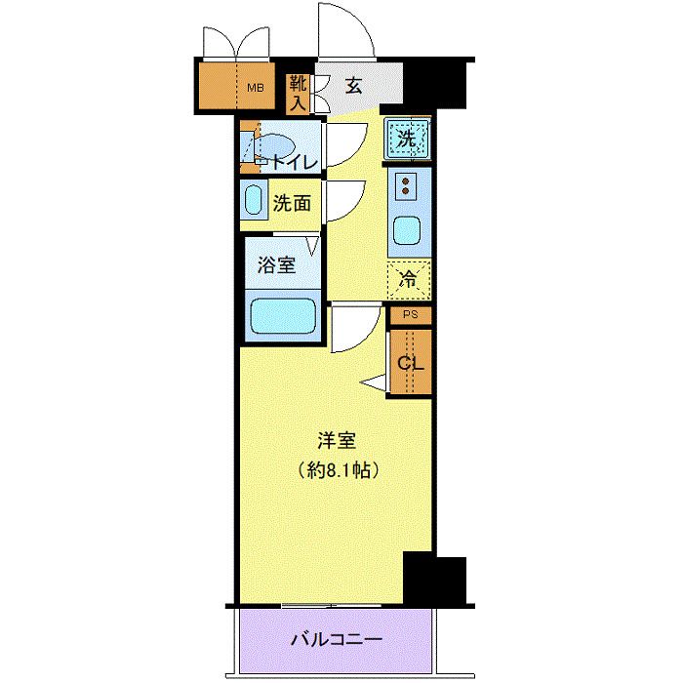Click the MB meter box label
256,88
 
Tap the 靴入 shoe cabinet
298,94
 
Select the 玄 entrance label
353,86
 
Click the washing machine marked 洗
408,140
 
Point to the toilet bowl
275,147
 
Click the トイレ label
296,163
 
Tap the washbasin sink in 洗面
253,200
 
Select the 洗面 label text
292,203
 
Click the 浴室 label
276,264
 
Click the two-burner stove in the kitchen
406,185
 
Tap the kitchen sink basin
407,231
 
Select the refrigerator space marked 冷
409,281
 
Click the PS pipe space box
411,315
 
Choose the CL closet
411,362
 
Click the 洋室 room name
337,440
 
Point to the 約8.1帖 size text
338,470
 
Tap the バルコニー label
337,639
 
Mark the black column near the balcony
434,580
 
